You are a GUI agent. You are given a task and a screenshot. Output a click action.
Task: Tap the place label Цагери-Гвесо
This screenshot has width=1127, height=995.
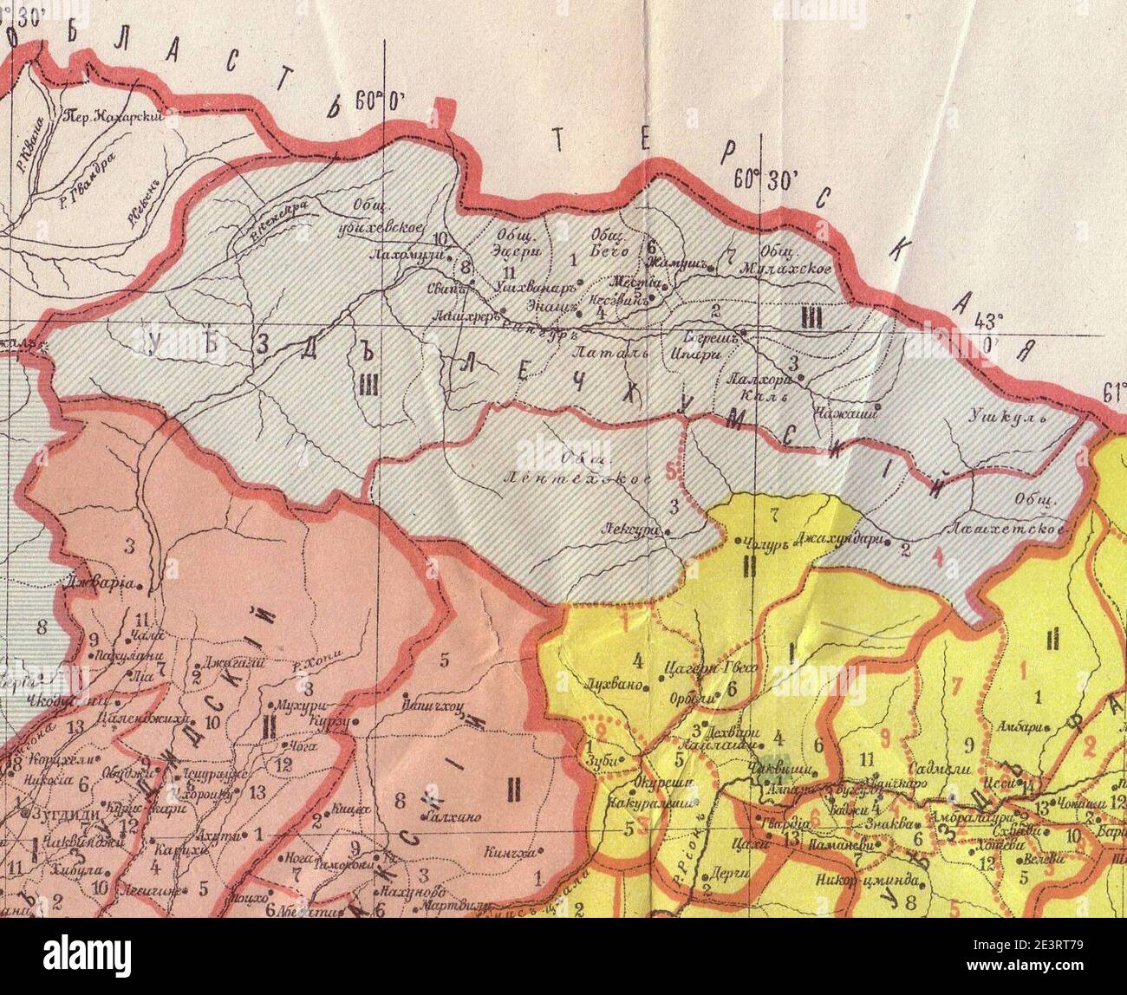click(698, 667)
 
